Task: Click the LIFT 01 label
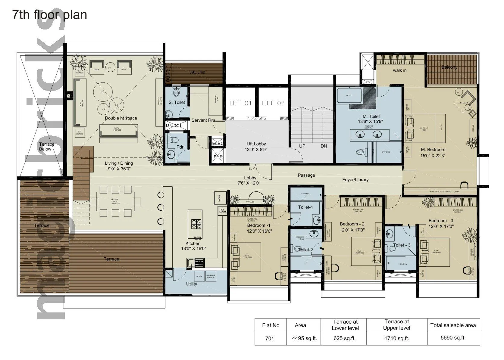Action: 240,103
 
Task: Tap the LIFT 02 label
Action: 273,103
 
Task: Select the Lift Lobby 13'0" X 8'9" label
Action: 256,147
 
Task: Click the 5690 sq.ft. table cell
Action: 453,338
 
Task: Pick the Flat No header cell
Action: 271,325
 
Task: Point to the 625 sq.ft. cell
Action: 344,338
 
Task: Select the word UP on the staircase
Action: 302,146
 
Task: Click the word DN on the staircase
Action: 324,146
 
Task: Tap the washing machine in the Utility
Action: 211,276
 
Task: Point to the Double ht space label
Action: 121,118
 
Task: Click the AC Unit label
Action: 198,72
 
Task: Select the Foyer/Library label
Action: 355,180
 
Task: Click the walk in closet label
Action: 399,70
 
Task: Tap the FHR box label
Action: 218,157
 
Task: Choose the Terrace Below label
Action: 47,147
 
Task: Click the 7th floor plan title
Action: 50,14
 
